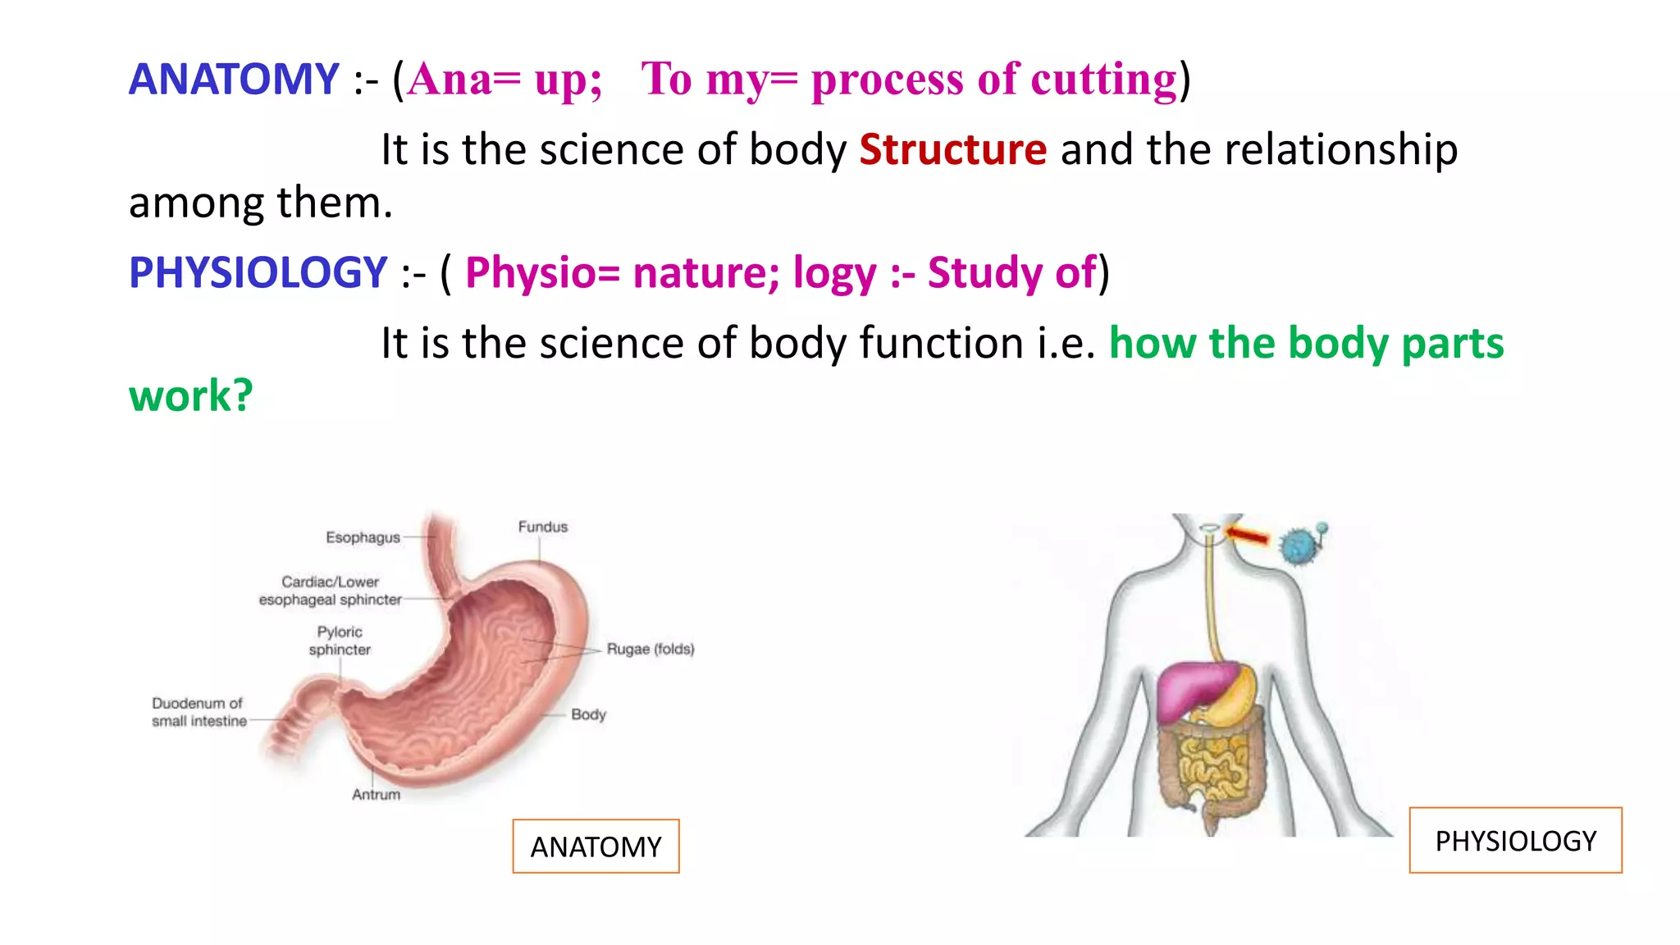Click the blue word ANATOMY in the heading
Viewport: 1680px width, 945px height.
coord(234,80)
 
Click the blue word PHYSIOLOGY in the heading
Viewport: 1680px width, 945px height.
coord(258,272)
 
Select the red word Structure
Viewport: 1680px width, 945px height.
coord(952,150)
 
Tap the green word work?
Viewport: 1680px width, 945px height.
coord(190,396)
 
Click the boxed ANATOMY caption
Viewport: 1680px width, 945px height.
coord(596,847)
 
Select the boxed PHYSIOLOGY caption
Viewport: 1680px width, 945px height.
coord(1515,841)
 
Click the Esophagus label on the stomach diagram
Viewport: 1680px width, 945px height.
coord(363,537)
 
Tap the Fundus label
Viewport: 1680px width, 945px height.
coord(542,527)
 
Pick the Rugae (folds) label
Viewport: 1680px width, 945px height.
coord(650,649)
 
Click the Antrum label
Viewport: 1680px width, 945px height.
coord(376,794)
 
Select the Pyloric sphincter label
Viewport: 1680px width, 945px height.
coord(340,641)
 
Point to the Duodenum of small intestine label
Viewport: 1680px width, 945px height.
coord(199,712)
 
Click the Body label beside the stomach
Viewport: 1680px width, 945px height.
coord(588,714)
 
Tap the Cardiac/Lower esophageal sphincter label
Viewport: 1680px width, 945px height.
coord(331,591)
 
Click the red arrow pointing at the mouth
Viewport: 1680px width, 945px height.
coord(1248,536)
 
